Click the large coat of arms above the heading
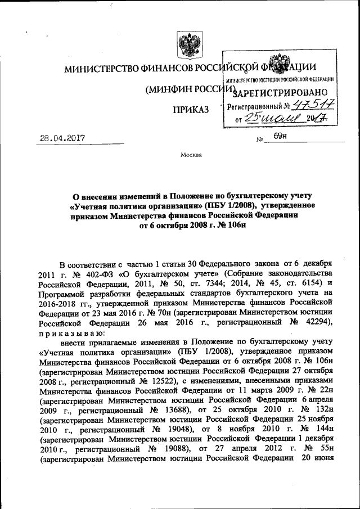186,44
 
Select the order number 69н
281,136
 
